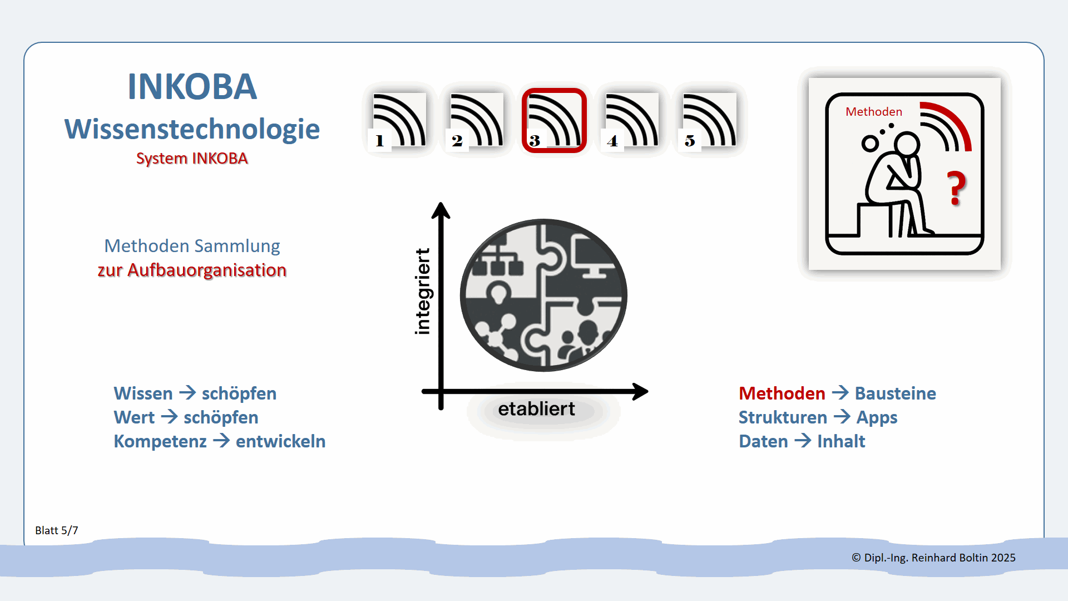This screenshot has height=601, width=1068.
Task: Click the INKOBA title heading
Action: point(192,87)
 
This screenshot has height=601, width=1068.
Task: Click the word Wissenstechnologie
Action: point(192,129)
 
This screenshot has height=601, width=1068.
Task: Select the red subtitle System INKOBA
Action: point(192,159)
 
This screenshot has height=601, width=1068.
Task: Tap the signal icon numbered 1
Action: point(398,120)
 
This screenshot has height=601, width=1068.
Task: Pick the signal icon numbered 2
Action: point(476,120)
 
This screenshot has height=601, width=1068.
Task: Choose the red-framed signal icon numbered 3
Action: point(554,120)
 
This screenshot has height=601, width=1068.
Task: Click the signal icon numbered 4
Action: point(631,120)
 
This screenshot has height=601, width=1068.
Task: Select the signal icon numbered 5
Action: point(709,120)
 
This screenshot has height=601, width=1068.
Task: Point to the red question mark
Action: point(957,188)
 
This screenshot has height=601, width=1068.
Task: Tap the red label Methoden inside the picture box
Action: point(874,112)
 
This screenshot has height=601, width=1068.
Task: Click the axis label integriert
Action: point(423,292)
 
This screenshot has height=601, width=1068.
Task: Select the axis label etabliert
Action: point(536,409)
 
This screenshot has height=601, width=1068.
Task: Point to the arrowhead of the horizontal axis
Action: point(641,391)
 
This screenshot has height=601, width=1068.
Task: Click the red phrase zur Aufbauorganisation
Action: point(192,270)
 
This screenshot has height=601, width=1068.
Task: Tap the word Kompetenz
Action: point(160,441)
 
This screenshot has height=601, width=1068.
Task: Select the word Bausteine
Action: point(895,393)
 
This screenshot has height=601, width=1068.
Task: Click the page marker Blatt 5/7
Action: point(57,530)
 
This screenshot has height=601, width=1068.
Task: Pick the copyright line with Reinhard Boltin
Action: point(933,558)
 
